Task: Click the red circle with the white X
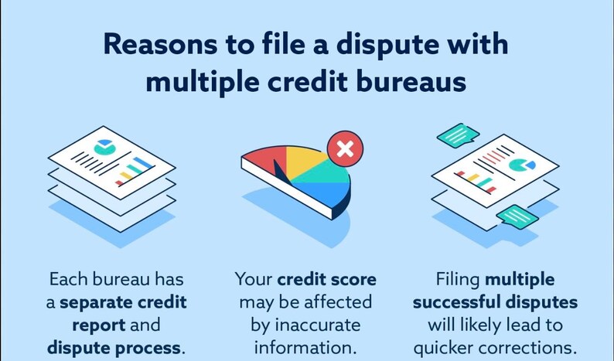(x=345, y=149)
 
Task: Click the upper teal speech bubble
(x=459, y=135)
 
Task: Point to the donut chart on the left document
(x=103, y=147)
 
